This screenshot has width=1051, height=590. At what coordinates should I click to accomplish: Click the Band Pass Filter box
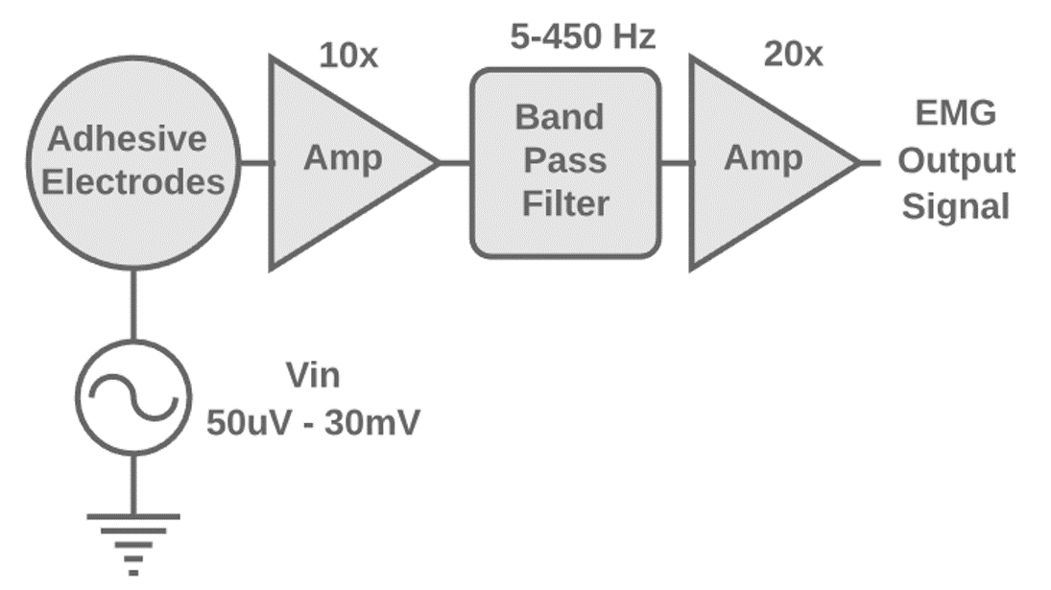tap(564, 164)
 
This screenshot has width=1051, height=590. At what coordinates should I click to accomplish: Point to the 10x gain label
tap(348, 55)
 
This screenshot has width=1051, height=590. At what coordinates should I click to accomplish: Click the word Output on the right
tap(956, 160)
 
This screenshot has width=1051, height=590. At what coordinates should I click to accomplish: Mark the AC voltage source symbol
tap(133, 396)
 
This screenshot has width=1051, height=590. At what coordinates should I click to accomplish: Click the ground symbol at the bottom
tap(133, 542)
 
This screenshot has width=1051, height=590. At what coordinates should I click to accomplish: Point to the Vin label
tap(313, 376)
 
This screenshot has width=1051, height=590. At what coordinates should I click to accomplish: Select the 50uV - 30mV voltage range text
tap(313, 422)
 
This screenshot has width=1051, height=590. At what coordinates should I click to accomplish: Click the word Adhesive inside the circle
tap(128, 139)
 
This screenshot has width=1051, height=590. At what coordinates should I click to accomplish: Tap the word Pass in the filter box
tap(564, 160)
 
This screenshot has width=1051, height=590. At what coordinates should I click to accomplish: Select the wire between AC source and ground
tap(133, 484)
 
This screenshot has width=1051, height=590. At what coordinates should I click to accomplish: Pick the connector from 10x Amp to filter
tap(455, 162)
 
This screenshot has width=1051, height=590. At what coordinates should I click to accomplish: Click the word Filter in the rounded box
tap(565, 204)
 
